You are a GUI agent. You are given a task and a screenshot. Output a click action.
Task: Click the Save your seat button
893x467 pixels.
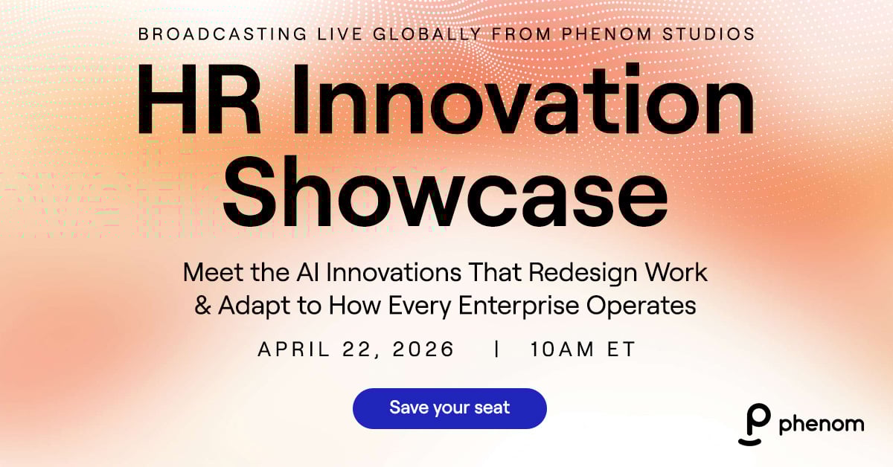point(449,408)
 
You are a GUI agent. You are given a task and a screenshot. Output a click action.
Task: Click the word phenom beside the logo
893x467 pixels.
point(821,425)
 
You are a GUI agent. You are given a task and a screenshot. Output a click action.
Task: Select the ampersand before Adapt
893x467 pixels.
point(203,306)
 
